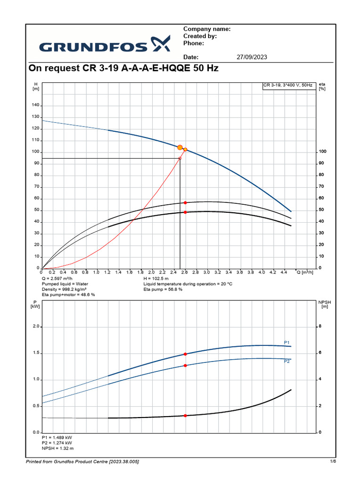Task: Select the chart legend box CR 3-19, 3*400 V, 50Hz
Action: [288, 86]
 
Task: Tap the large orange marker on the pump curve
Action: [180, 147]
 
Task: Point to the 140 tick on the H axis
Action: [35, 105]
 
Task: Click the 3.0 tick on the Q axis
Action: [207, 272]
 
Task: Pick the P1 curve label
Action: [287, 342]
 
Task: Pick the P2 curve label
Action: [287, 362]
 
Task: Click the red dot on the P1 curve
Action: [185, 354]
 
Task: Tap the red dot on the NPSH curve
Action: [185, 416]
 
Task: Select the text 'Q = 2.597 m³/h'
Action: [59, 278]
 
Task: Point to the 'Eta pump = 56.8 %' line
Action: [163, 289]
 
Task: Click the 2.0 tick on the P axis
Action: [36, 327]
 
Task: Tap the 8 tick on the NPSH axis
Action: [320, 327]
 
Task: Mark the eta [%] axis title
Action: [322, 86]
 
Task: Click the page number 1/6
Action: [333, 461]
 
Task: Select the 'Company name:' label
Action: [206, 29]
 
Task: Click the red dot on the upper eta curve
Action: [185, 202]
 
